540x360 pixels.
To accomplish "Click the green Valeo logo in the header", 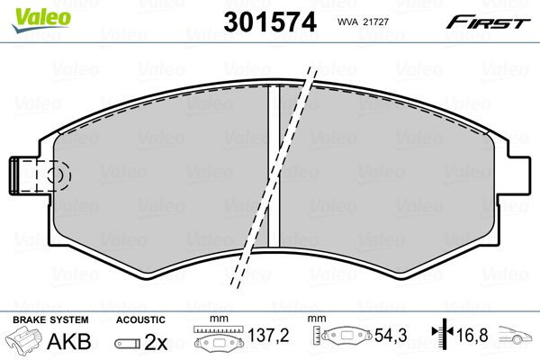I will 30,12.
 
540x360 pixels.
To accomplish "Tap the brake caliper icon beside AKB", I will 24,342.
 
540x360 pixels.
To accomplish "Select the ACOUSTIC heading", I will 139,319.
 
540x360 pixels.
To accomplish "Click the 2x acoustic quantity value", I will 157,342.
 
